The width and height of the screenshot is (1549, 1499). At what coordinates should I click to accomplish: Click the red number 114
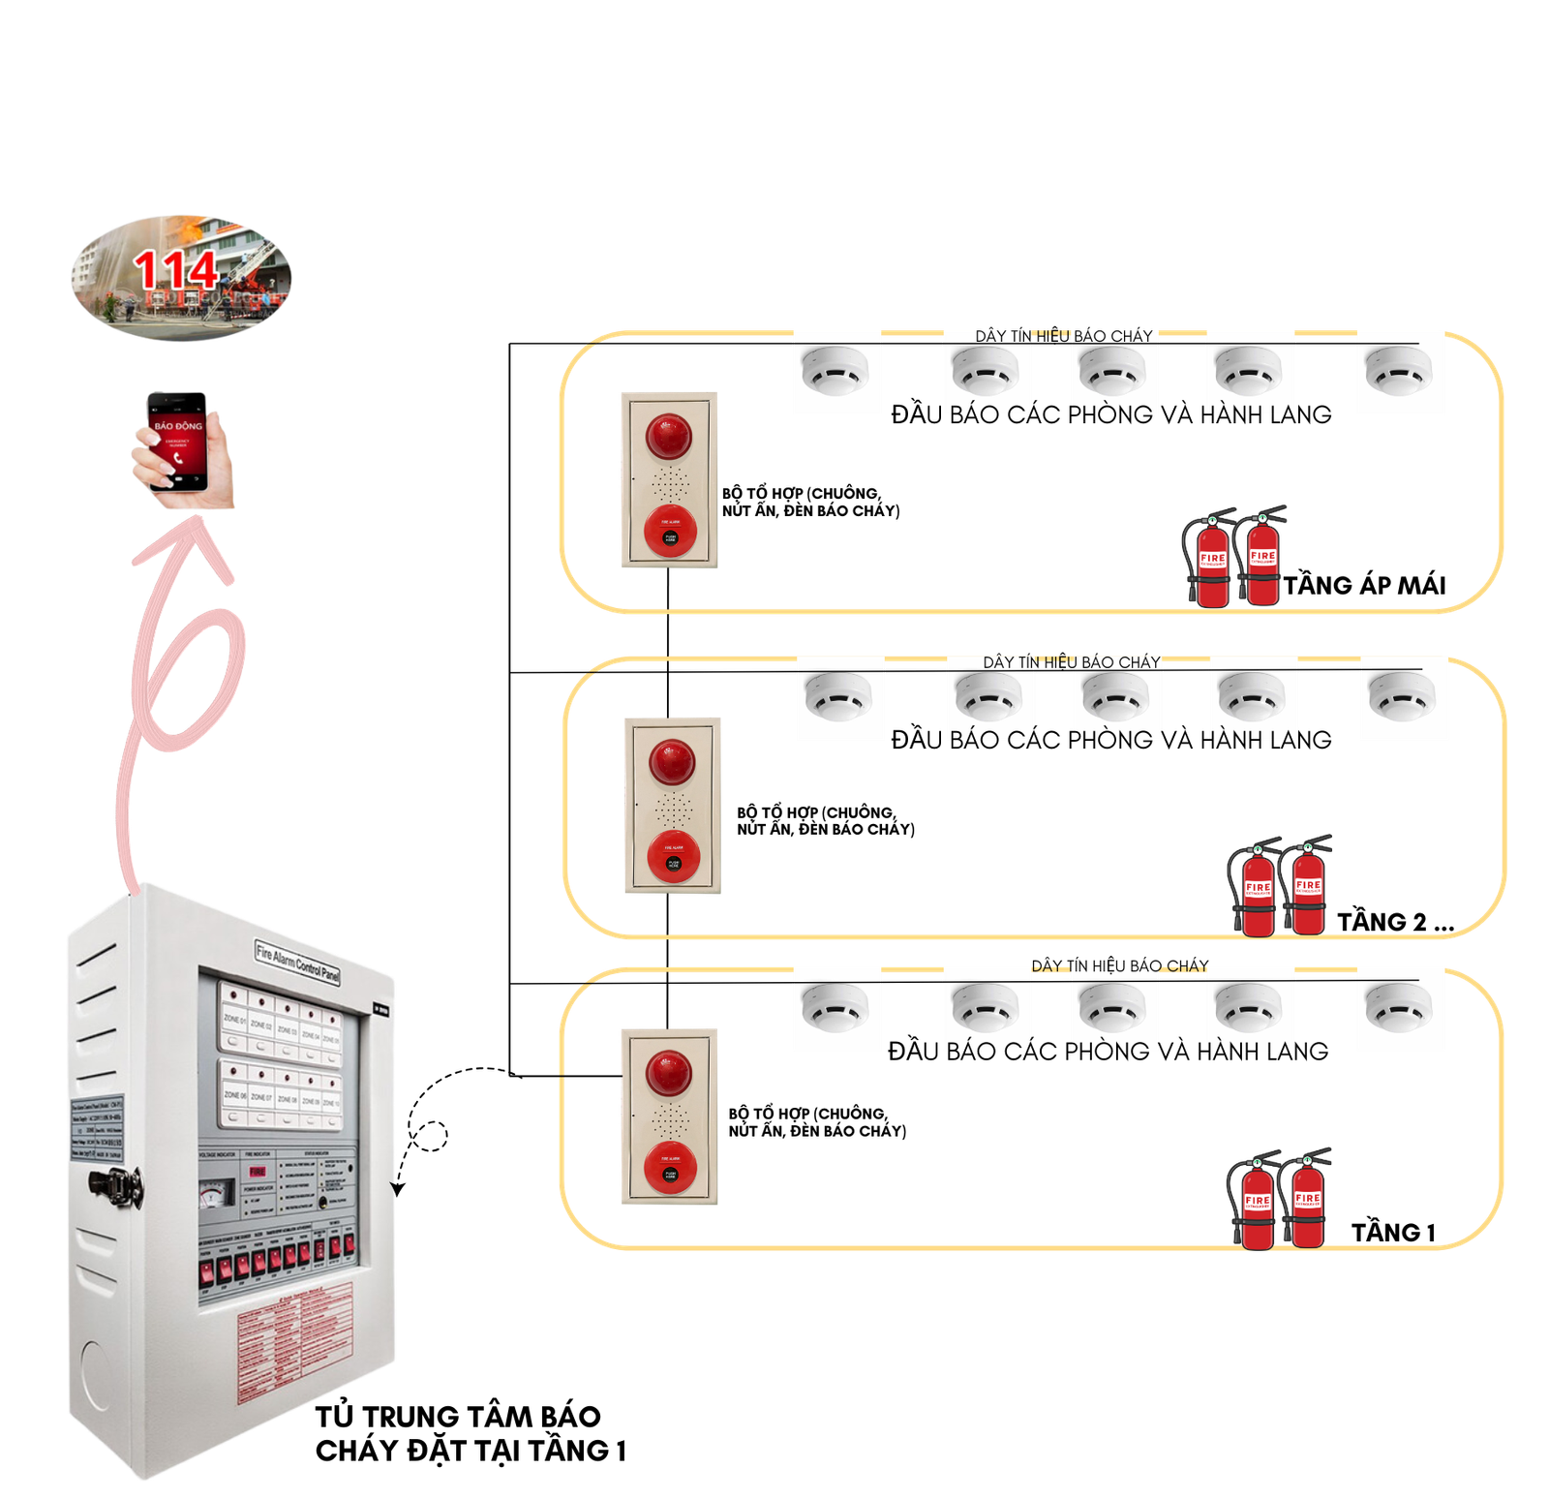[175, 270]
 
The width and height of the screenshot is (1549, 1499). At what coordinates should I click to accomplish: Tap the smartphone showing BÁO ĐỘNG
[177, 442]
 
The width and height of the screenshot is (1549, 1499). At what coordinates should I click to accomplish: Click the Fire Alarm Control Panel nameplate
[297, 963]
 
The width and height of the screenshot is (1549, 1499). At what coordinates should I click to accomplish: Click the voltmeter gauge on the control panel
[216, 1195]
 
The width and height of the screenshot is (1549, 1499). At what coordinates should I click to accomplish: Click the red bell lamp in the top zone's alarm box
[669, 436]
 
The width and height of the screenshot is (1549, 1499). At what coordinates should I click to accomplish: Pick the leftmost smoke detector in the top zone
[836, 374]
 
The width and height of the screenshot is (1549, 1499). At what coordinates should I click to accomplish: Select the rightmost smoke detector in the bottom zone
[1400, 1010]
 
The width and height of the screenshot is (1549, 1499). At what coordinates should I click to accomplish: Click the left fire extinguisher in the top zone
[1210, 562]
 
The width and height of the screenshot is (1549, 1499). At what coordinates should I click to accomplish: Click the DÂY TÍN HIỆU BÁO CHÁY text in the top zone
[1064, 336]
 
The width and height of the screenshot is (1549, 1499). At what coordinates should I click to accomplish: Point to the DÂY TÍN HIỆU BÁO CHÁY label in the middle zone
[1072, 662]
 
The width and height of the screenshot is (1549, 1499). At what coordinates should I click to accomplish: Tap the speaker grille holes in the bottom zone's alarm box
[669, 1117]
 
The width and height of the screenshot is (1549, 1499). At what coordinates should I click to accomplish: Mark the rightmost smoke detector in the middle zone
[1403, 698]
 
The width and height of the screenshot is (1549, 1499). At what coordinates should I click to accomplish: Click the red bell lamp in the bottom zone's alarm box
[669, 1073]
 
